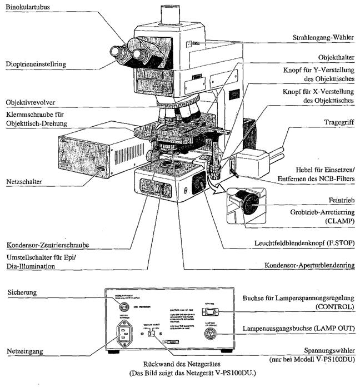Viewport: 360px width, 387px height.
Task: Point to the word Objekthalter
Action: point(338,57)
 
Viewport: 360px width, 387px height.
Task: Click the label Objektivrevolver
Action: point(28,103)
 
